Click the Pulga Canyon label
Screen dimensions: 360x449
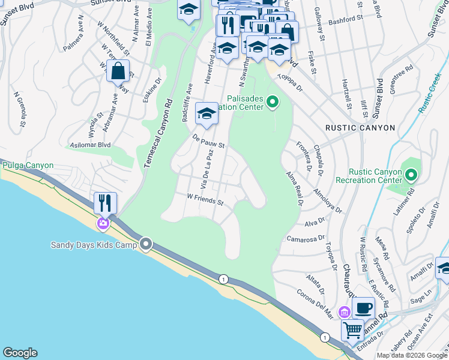tap(28, 166)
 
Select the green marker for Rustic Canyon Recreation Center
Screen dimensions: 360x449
tap(411, 176)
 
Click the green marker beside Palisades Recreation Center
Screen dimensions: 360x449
tap(273, 102)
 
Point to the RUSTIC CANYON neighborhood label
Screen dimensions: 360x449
tap(360, 128)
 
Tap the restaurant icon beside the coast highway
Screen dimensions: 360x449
tap(106, 203)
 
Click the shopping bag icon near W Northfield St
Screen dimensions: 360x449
tap(119, 71)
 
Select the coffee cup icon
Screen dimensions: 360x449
tap(363, 308)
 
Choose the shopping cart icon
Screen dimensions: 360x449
tap(352, 329)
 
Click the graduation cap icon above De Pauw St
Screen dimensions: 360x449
tap(206, 113)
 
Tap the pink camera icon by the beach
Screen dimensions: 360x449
tap(103, 224)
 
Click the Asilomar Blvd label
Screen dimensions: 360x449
tap(91, 145)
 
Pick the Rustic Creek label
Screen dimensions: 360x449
tap(430, 93)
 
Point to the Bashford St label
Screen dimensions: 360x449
tap(330, 20)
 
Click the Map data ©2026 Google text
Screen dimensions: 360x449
tap(411, 355)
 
